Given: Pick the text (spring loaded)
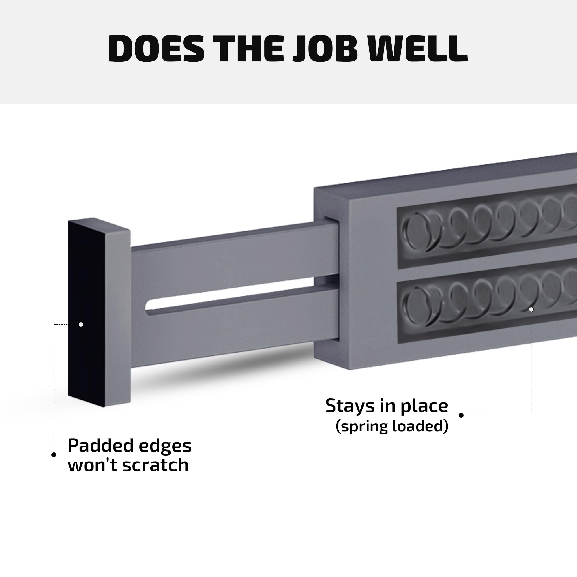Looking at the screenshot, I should coord(392,426).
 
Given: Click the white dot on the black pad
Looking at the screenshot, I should coord(81,324).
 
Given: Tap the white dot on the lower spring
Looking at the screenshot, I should coord(531,309).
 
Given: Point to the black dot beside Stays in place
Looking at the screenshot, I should coord(461,415).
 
